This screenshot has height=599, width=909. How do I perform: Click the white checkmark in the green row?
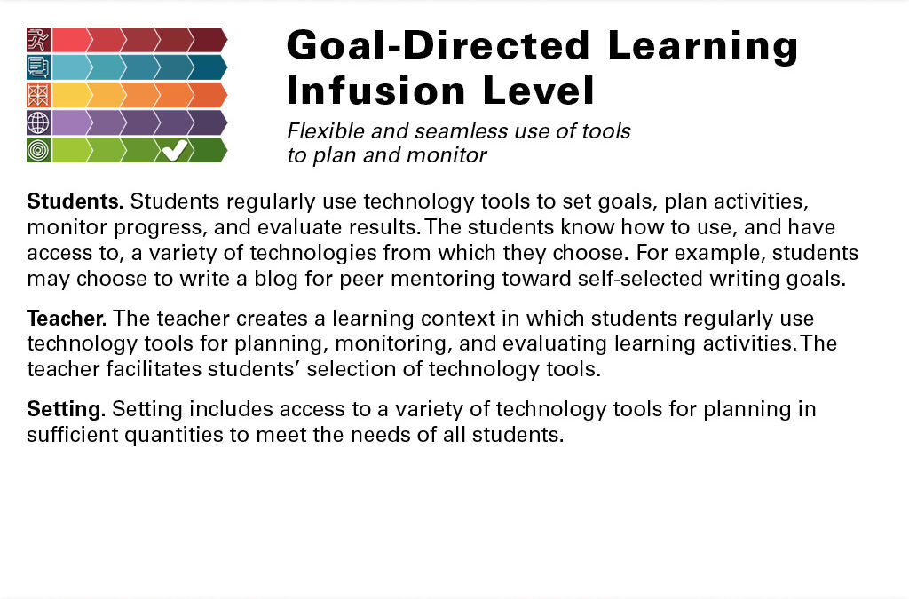click(x=175, y=150)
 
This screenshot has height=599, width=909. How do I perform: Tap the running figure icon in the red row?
click(x=38, y=39)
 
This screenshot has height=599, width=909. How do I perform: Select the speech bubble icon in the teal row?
click(x=38, y=67)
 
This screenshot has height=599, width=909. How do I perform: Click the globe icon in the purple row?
click(x=38, y=122)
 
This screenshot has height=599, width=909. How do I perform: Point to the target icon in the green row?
click(x=38, y=150)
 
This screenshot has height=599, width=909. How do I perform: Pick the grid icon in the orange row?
click(x=38, y=95)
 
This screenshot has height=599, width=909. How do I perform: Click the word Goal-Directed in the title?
click(x=439, y=45)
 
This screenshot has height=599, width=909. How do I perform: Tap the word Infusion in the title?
click(x=376, y=91)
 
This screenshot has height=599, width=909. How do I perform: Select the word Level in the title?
click(x=538, y=91)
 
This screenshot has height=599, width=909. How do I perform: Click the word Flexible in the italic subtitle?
click(x=326, y=131)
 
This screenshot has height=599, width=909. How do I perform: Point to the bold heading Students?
click(x=75, y=201)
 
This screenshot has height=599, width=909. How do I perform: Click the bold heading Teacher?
click(x=67, y=318)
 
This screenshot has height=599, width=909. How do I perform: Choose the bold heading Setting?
click(x=66, y=409)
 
